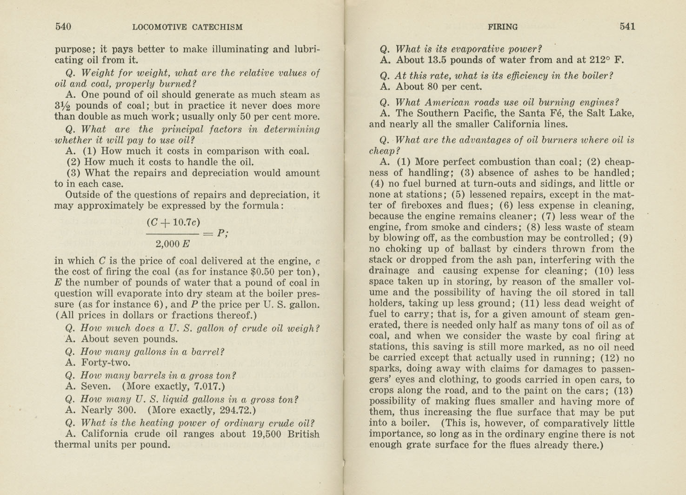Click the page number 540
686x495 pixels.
pyautogui.click(x=63, y=26)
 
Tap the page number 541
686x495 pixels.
pyautogui.click(x=627, y=26)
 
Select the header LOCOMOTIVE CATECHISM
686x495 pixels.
pyautogui.click(x=187, y=27)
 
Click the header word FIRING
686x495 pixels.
pyautogui.click(x=502, y=27)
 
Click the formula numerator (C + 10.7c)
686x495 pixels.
pyautogui.click(x=173, y=222)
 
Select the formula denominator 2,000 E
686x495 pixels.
pyautogui.click(x=173, y=244)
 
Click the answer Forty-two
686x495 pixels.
pyautogui.click(x=106, y=363)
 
